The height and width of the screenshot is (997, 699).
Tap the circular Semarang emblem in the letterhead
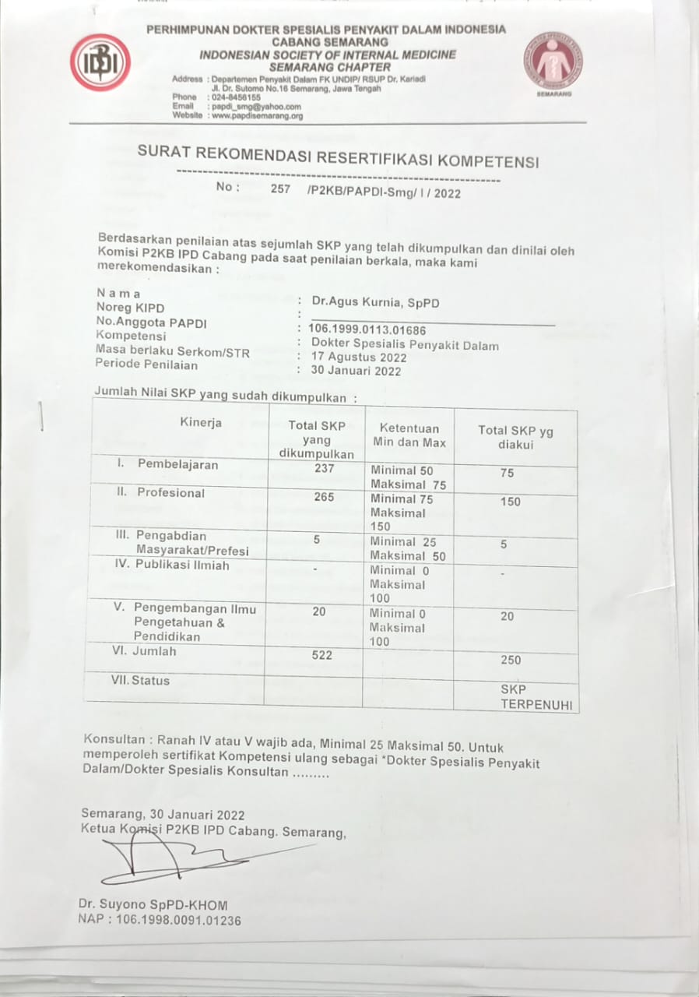[x=553, y=60]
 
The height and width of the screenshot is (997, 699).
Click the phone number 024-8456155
[x=236, y=97]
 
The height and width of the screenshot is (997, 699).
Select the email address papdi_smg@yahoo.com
[x=256, y=107]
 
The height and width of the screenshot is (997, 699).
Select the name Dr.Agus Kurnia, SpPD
[x=375, y=301]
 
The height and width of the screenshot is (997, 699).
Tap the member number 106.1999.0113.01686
[x=367, y=330]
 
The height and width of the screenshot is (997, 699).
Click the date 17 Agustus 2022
[x=359, y=358]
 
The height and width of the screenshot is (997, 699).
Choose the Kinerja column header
[x=201, y=423]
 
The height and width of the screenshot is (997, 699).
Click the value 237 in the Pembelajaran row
[x=324, y=468]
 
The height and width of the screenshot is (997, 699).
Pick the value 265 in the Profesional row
[x=325, y=497]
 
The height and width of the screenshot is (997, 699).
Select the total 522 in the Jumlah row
[x=321, y=655]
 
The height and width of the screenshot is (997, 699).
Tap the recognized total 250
[x=511, y=661]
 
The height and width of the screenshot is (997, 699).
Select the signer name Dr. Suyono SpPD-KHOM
[x=153, y=904]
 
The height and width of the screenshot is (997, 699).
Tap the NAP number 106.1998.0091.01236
[x=160, y=920]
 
